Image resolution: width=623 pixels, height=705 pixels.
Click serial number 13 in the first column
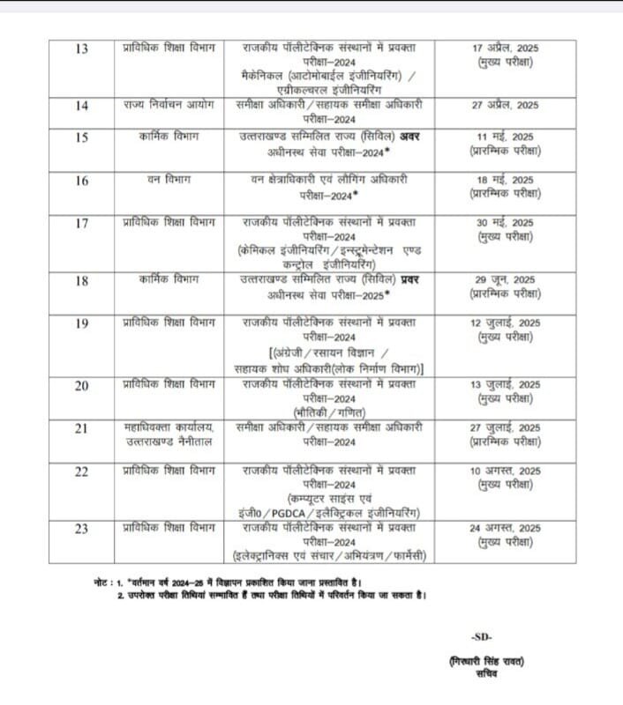(81, 48)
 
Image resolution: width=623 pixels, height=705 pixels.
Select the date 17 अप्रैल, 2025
(505, 47)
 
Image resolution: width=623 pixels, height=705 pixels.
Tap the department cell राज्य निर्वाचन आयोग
(169, 105)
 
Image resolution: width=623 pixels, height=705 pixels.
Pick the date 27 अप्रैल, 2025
(505, 105)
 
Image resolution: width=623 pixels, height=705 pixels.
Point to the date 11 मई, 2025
(505, 136)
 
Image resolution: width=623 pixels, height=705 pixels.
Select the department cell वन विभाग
(169, 180)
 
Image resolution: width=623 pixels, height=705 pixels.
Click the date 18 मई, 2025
(505, 180)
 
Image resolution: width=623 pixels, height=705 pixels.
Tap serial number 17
(81, 223)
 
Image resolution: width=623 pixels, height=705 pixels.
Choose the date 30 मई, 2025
(505, 223)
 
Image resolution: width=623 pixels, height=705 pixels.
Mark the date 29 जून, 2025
(505, 279)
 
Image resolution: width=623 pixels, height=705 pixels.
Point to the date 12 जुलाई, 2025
(505, 323)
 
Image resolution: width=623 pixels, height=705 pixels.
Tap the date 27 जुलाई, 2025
(505, 427)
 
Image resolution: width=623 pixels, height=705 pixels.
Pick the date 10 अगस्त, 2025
(505, 471)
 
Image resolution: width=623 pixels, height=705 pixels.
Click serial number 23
(81, 529)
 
